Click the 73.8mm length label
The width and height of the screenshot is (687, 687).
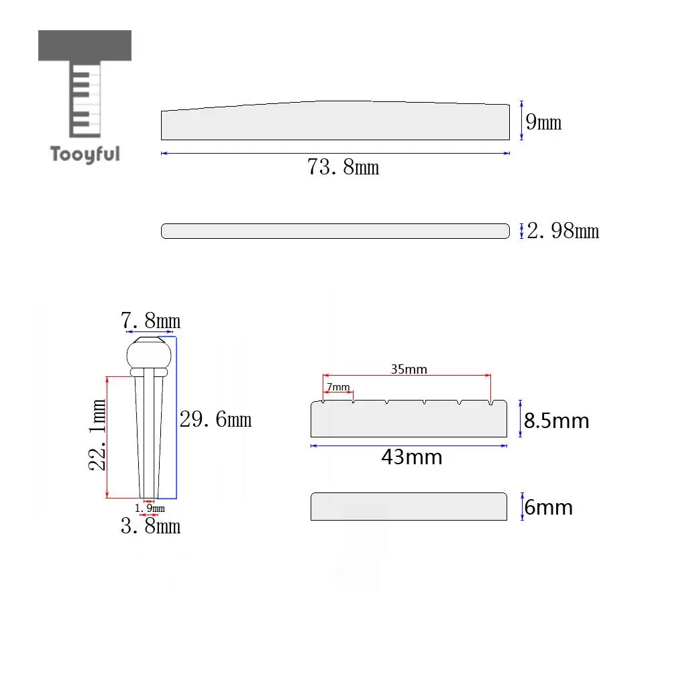tap(343, 167)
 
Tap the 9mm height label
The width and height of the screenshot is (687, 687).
tap(543, 122)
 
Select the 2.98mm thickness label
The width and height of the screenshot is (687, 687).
tap(563, 231)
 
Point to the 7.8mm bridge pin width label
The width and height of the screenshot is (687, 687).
tap(150, 321)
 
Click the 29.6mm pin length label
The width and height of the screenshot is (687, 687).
tap(215, 419)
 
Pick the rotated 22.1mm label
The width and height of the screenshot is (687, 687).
tap(97, 435)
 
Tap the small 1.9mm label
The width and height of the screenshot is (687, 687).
tap(150, 509)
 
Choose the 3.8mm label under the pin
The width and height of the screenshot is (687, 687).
tap(150, 526)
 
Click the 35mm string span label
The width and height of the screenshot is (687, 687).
tap(409, 369)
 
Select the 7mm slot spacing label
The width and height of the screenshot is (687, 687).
tap(338, 387)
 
